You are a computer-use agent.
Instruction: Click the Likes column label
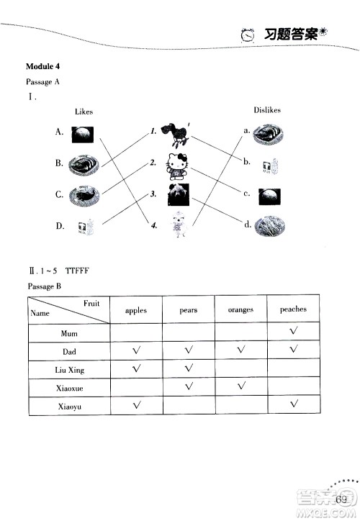coord(84,112)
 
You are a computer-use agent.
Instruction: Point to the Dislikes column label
coord(266,110)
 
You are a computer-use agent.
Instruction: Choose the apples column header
coord(135,311)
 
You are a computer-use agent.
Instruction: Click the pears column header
coord(189,311)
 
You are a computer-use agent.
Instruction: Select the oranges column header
coord(240,311)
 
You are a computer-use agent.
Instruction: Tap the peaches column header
coord(293,309)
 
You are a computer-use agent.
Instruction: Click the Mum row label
coord(69,334)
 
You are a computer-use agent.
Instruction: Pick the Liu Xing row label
coord(69,370)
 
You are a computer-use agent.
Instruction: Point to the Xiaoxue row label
coord(69,389)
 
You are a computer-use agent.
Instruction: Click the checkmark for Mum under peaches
coord(293,332)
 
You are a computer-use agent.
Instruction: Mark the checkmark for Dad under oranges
coord(241,350)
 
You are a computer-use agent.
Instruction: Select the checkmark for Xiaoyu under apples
coord(136,406)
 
